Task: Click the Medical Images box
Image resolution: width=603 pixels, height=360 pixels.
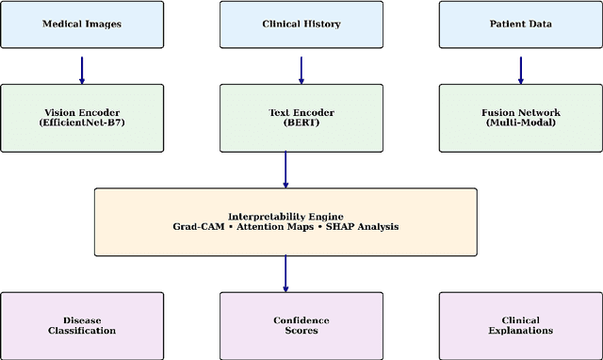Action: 82,25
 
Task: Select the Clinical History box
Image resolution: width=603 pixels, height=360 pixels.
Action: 301,25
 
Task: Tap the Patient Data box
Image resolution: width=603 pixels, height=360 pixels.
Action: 520,25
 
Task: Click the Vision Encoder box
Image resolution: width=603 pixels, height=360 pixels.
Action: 82,117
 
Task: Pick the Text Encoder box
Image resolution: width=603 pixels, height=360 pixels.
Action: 301,117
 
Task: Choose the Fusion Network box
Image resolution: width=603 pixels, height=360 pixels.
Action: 520,117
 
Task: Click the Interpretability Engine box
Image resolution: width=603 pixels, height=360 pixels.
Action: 285,221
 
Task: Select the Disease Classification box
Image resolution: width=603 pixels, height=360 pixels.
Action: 82,324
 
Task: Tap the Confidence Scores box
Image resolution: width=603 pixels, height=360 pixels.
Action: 301,324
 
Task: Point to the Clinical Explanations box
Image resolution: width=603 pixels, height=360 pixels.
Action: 520,324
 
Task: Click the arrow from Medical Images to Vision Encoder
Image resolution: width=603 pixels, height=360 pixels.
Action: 82,68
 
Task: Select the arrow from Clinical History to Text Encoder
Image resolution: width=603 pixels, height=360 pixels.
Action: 301,68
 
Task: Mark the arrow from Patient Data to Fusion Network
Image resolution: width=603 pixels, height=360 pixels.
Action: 520,68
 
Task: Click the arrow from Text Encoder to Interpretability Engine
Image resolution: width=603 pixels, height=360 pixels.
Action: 285,170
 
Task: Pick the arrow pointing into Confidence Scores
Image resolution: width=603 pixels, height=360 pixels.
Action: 285,273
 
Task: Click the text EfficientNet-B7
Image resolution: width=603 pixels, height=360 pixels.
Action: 82,123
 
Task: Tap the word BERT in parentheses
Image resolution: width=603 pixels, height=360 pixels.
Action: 301,123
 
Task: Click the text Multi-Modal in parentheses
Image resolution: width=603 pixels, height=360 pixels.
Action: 520,123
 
